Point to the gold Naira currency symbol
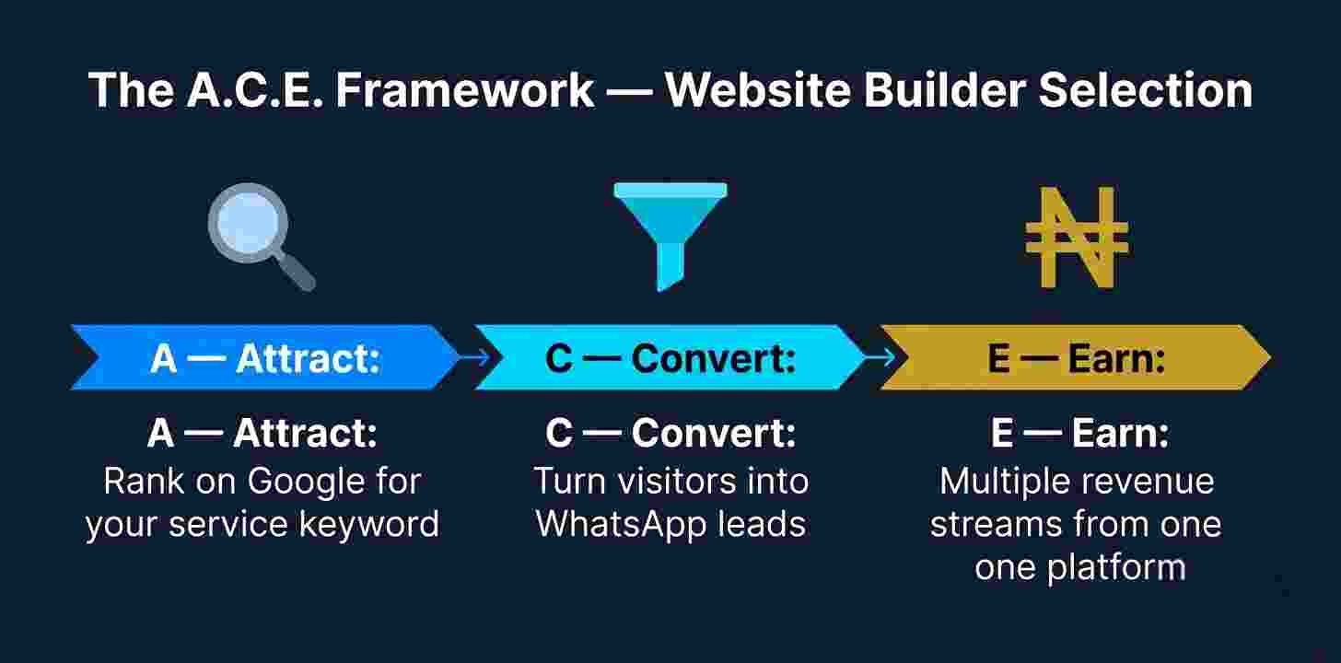pos(1077,237)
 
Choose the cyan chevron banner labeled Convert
pos(670,358)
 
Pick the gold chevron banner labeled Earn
pos(1075,358)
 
